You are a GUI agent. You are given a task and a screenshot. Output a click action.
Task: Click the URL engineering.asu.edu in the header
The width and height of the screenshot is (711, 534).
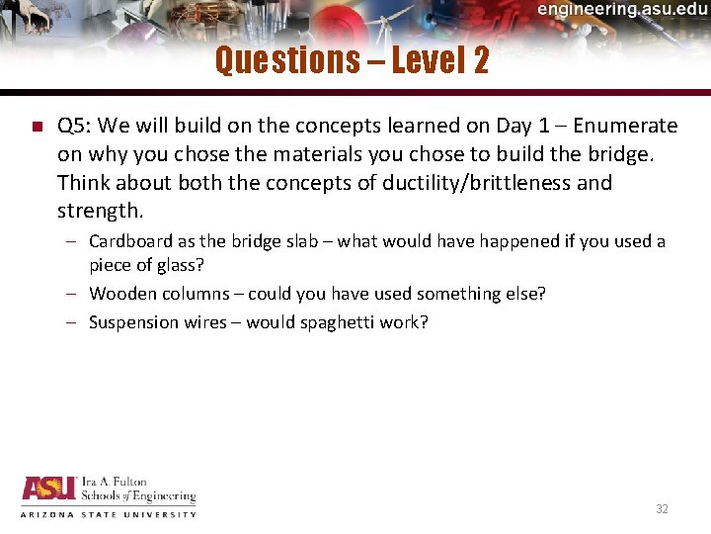622,10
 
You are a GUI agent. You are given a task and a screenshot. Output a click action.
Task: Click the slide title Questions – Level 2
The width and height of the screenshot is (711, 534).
352,61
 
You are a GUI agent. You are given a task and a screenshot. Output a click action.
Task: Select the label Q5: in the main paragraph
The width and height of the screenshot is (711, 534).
76,126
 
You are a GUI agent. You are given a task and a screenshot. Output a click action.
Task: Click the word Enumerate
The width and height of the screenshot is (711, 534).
625,126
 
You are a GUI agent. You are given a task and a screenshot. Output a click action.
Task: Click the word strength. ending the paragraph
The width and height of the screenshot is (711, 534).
101,212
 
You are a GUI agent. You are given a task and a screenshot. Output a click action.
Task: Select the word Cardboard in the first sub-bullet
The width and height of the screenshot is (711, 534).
126,241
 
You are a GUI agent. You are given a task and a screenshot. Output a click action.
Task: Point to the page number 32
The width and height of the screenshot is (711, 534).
662,509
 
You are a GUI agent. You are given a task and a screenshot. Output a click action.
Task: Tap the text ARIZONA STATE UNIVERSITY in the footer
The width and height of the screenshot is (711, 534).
109,514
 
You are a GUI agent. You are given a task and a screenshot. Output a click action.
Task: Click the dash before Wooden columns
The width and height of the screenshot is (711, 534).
75,294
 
